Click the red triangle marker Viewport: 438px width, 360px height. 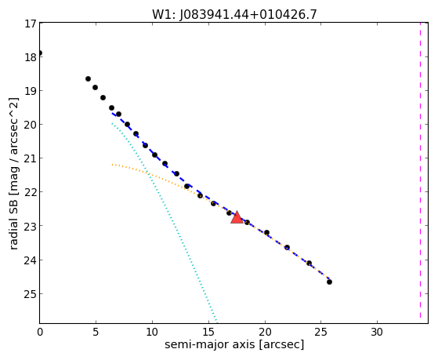pyautogui.click(x=237, y=217)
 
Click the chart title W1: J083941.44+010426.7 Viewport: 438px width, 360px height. pyautogui.click(x=234, y=14)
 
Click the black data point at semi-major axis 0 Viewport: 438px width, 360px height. pyautogui.click(x=40, y=53)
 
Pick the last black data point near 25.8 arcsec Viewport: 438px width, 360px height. pyautogui.click(x=329, y=282)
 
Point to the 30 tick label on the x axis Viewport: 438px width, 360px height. pyautogui.click(x=377, y=332)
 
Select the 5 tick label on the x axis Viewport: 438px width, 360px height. pyautogui.click(x=96, y=332)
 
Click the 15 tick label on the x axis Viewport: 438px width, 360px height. pyautogui.click(x=208, y=332)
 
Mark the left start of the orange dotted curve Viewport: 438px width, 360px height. pyautogui.click(x=112, y=165)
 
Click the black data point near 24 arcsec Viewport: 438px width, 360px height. pyautogui.click(x=309, y=263)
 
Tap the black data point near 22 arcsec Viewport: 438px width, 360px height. pyautogui.click(x=287, y=247)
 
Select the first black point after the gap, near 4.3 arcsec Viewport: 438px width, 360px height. pyautogui.click(x=88, y=79)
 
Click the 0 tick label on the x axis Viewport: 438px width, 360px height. pyautogui.click(x=40, y=332)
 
